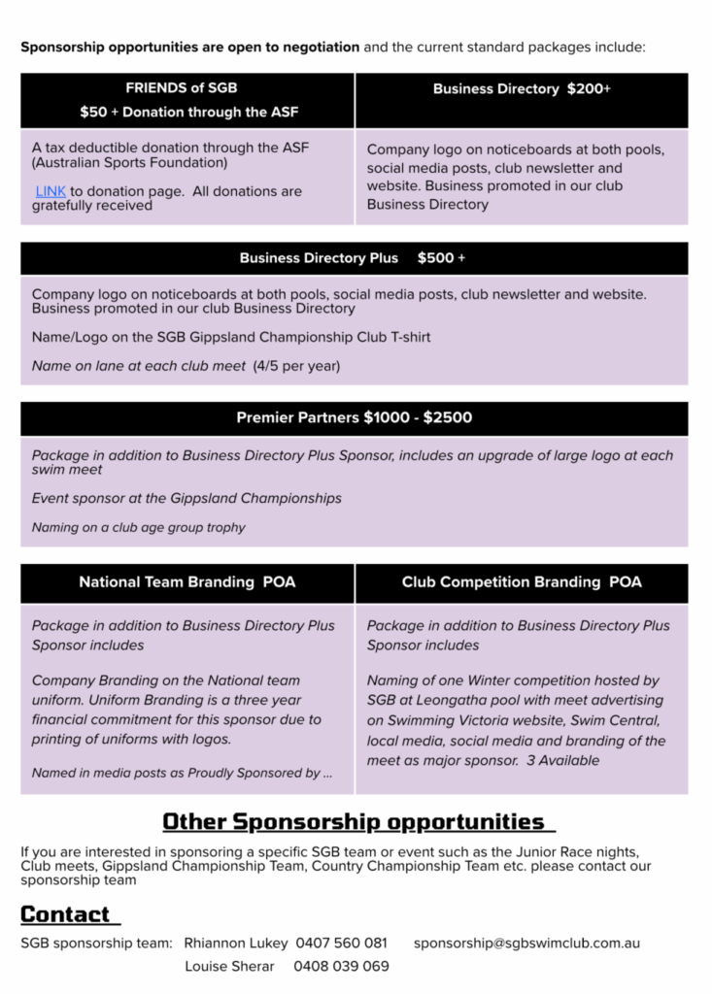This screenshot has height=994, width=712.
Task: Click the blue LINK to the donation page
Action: click(x=51, y=191)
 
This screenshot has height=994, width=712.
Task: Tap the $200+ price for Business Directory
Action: click(x=589, y=88)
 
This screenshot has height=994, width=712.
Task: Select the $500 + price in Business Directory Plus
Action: click(x=441, y=258)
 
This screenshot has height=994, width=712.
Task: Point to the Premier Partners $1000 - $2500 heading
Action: click(x=355, y=418)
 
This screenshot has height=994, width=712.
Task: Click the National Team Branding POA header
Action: click(x=187, y=582)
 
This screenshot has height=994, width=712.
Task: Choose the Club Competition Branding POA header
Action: click(x=522, y=582)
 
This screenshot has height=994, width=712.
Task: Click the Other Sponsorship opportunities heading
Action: click(x=357, y=821)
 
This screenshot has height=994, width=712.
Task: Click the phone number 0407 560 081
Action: click(x=341, y=943)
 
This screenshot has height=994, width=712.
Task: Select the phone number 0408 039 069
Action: click(x=342, y=966)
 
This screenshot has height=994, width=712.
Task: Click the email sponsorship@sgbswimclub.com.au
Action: click(x=526, y=943)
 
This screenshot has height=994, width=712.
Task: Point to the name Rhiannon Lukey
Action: click(x=236, y=943)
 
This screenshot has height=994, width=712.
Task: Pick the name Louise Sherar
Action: click(x=229, y=966)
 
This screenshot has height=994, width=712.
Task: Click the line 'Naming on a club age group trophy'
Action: click(x=139, y=527)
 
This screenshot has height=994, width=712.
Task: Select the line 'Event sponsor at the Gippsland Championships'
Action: click(x=186, y=498)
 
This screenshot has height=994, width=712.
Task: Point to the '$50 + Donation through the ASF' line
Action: click(x=187, y=112)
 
